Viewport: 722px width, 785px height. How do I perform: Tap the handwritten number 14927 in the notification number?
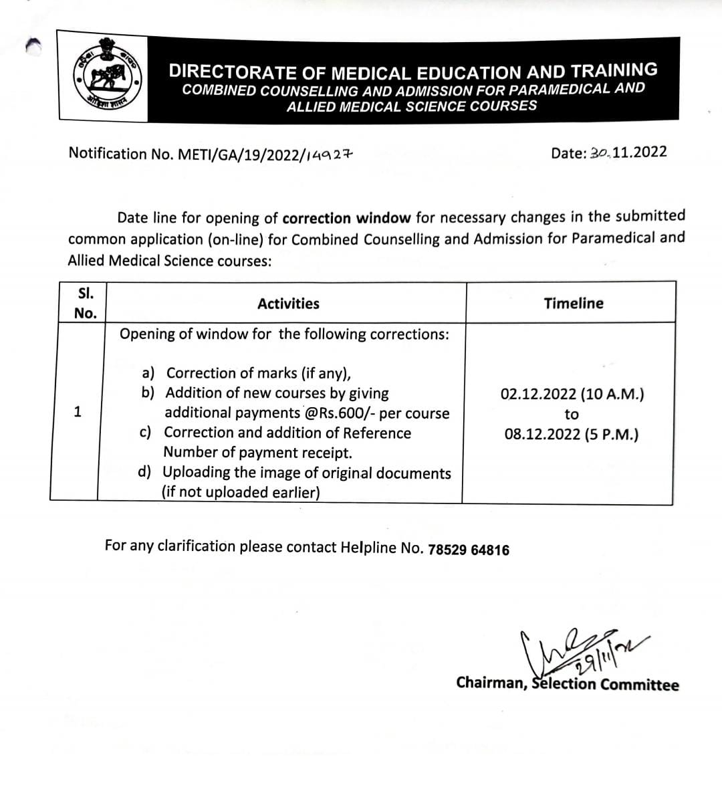pos(329,154)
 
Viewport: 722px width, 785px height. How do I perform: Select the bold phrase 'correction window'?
pos(346,218)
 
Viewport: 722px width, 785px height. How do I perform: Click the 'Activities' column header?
pos(288,304)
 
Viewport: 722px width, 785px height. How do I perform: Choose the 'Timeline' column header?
pos(573,303)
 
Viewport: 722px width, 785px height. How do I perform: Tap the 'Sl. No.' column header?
pos(85,303)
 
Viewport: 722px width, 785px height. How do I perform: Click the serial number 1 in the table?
pos(78,412)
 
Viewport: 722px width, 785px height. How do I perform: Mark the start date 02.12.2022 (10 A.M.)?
pos(572,394)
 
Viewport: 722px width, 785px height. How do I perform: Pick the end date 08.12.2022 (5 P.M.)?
pos(572,435)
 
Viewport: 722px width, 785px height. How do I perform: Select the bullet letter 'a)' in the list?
pos(148,372)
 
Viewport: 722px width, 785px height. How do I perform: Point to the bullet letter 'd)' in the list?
pos(144,472)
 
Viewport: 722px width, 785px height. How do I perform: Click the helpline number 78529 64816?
pos(468,550)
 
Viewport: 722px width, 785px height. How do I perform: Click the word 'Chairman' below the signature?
pos(491,683)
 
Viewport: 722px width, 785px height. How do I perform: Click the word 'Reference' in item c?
pos(377,433)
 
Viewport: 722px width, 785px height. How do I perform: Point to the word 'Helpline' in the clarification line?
pos(368,547)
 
